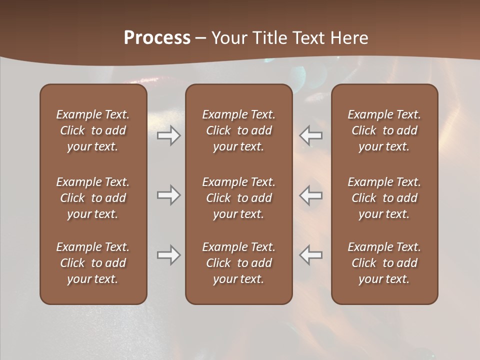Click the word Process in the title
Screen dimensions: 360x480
click(x=157, y=37)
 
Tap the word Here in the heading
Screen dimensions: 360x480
click(x=350, y=37)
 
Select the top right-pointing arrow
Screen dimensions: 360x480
click(x=168, y=135)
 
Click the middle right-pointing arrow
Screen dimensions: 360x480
click(x=168, y=195)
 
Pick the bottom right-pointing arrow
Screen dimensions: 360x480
click(x=168, y=255)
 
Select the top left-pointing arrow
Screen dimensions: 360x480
click(x=311, y=135)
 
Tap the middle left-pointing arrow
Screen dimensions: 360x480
click(x=311, y=195)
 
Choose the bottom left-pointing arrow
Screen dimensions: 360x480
click(x=311, y=255)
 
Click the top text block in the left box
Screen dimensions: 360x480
click(x=93, y=130)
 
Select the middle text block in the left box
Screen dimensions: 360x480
click(x=93, y=198)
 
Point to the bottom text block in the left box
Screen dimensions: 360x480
click(x=93, y=263)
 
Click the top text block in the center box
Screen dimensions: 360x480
click(x=238, y=130)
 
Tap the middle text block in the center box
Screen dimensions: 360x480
click(x=238, y=198)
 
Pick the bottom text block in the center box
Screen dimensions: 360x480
click(x=238, y=263)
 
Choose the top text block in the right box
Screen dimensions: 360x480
click(x=384, y=130)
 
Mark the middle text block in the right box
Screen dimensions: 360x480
click(x=384, y=198)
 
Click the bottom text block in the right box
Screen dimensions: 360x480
click(x=384, y=263)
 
